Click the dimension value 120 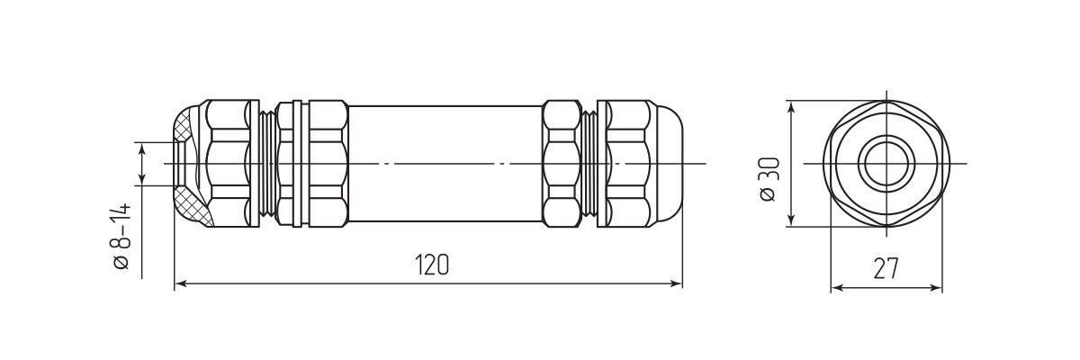tap(431, 266)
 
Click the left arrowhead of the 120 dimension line tap(180, 284)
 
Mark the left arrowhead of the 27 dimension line tap(835, 288)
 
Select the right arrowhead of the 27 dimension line tap(936, 288)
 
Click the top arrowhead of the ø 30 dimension tap(791, 106)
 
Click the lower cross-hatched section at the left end tap(191, 205)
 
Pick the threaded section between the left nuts tap(267, 164)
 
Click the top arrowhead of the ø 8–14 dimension tap(142, 147)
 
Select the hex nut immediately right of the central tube tap(562, 164)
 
